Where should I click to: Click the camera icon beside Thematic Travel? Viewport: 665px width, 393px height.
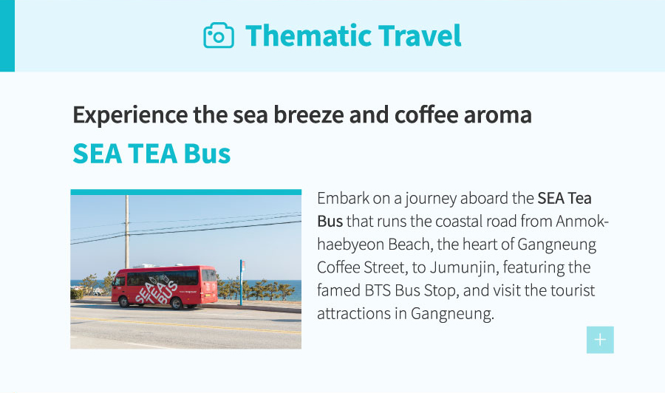pyautogui.click(x=219, y=35)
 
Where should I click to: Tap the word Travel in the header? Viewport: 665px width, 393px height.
pyautogui.click(x=420, y=35)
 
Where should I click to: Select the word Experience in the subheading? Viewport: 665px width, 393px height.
pyautogui.click(x=130, y=115)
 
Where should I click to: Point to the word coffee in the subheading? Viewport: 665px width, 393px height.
pyautogui.click(x=426, y=115)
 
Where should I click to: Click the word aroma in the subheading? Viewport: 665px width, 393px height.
pyautogui.click(x=497, y=115)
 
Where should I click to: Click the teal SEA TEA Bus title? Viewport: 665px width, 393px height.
pyautogui.click(x=151, y=154)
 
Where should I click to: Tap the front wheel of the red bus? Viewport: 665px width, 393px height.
pyautogui.click(x=124, y=302)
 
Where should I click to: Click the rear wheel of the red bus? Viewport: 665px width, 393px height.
pyautogui.click(x=177, y=303)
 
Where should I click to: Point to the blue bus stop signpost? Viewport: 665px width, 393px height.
pyautogui.click(x=242, y=282)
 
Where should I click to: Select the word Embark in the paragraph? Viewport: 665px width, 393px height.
pyautogui.click(x=344, y=199)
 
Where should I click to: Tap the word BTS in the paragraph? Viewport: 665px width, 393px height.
pyautogui.click(x=378, y=291)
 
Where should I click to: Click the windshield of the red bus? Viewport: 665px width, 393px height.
pyautogui.click(x=120, y=281)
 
